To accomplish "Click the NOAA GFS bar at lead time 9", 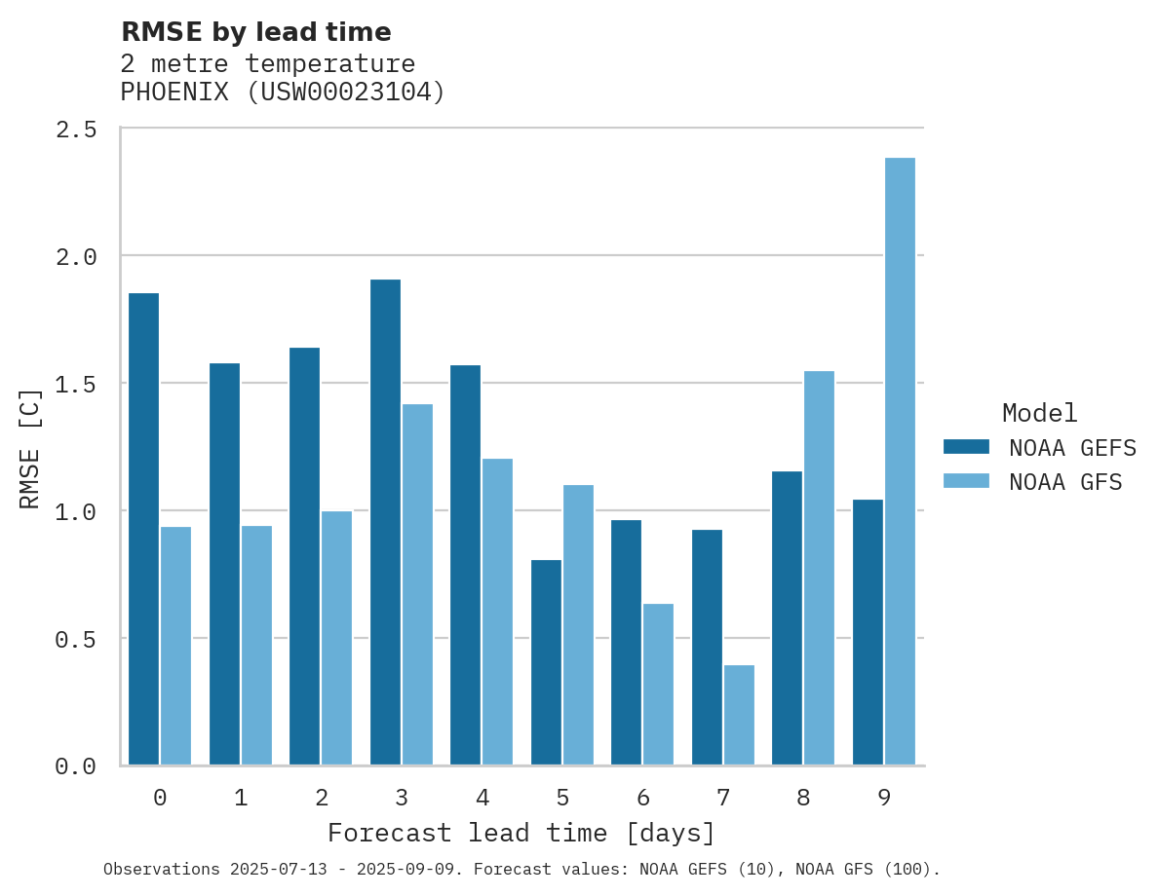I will pos(900,462).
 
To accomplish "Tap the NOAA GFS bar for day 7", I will pos(739,716).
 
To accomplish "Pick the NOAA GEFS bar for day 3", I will pos(385,522).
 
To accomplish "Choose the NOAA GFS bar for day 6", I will pos(658,685).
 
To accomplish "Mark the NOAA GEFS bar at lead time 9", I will pos(868,632).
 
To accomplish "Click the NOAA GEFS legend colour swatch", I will pos(966,447).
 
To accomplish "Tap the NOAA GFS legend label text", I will pos(1065,482).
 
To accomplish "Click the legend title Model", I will pos(1040,413).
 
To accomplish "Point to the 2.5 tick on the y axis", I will pos(76,130).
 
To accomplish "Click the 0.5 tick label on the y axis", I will pos(76,640).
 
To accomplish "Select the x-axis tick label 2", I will pos(321,799).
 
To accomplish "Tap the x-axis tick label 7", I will pos(722,799).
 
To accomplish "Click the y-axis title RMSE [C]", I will pos(30,448).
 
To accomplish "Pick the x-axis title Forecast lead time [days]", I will pos(521,834).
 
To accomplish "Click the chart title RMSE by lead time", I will pos(255,32).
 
